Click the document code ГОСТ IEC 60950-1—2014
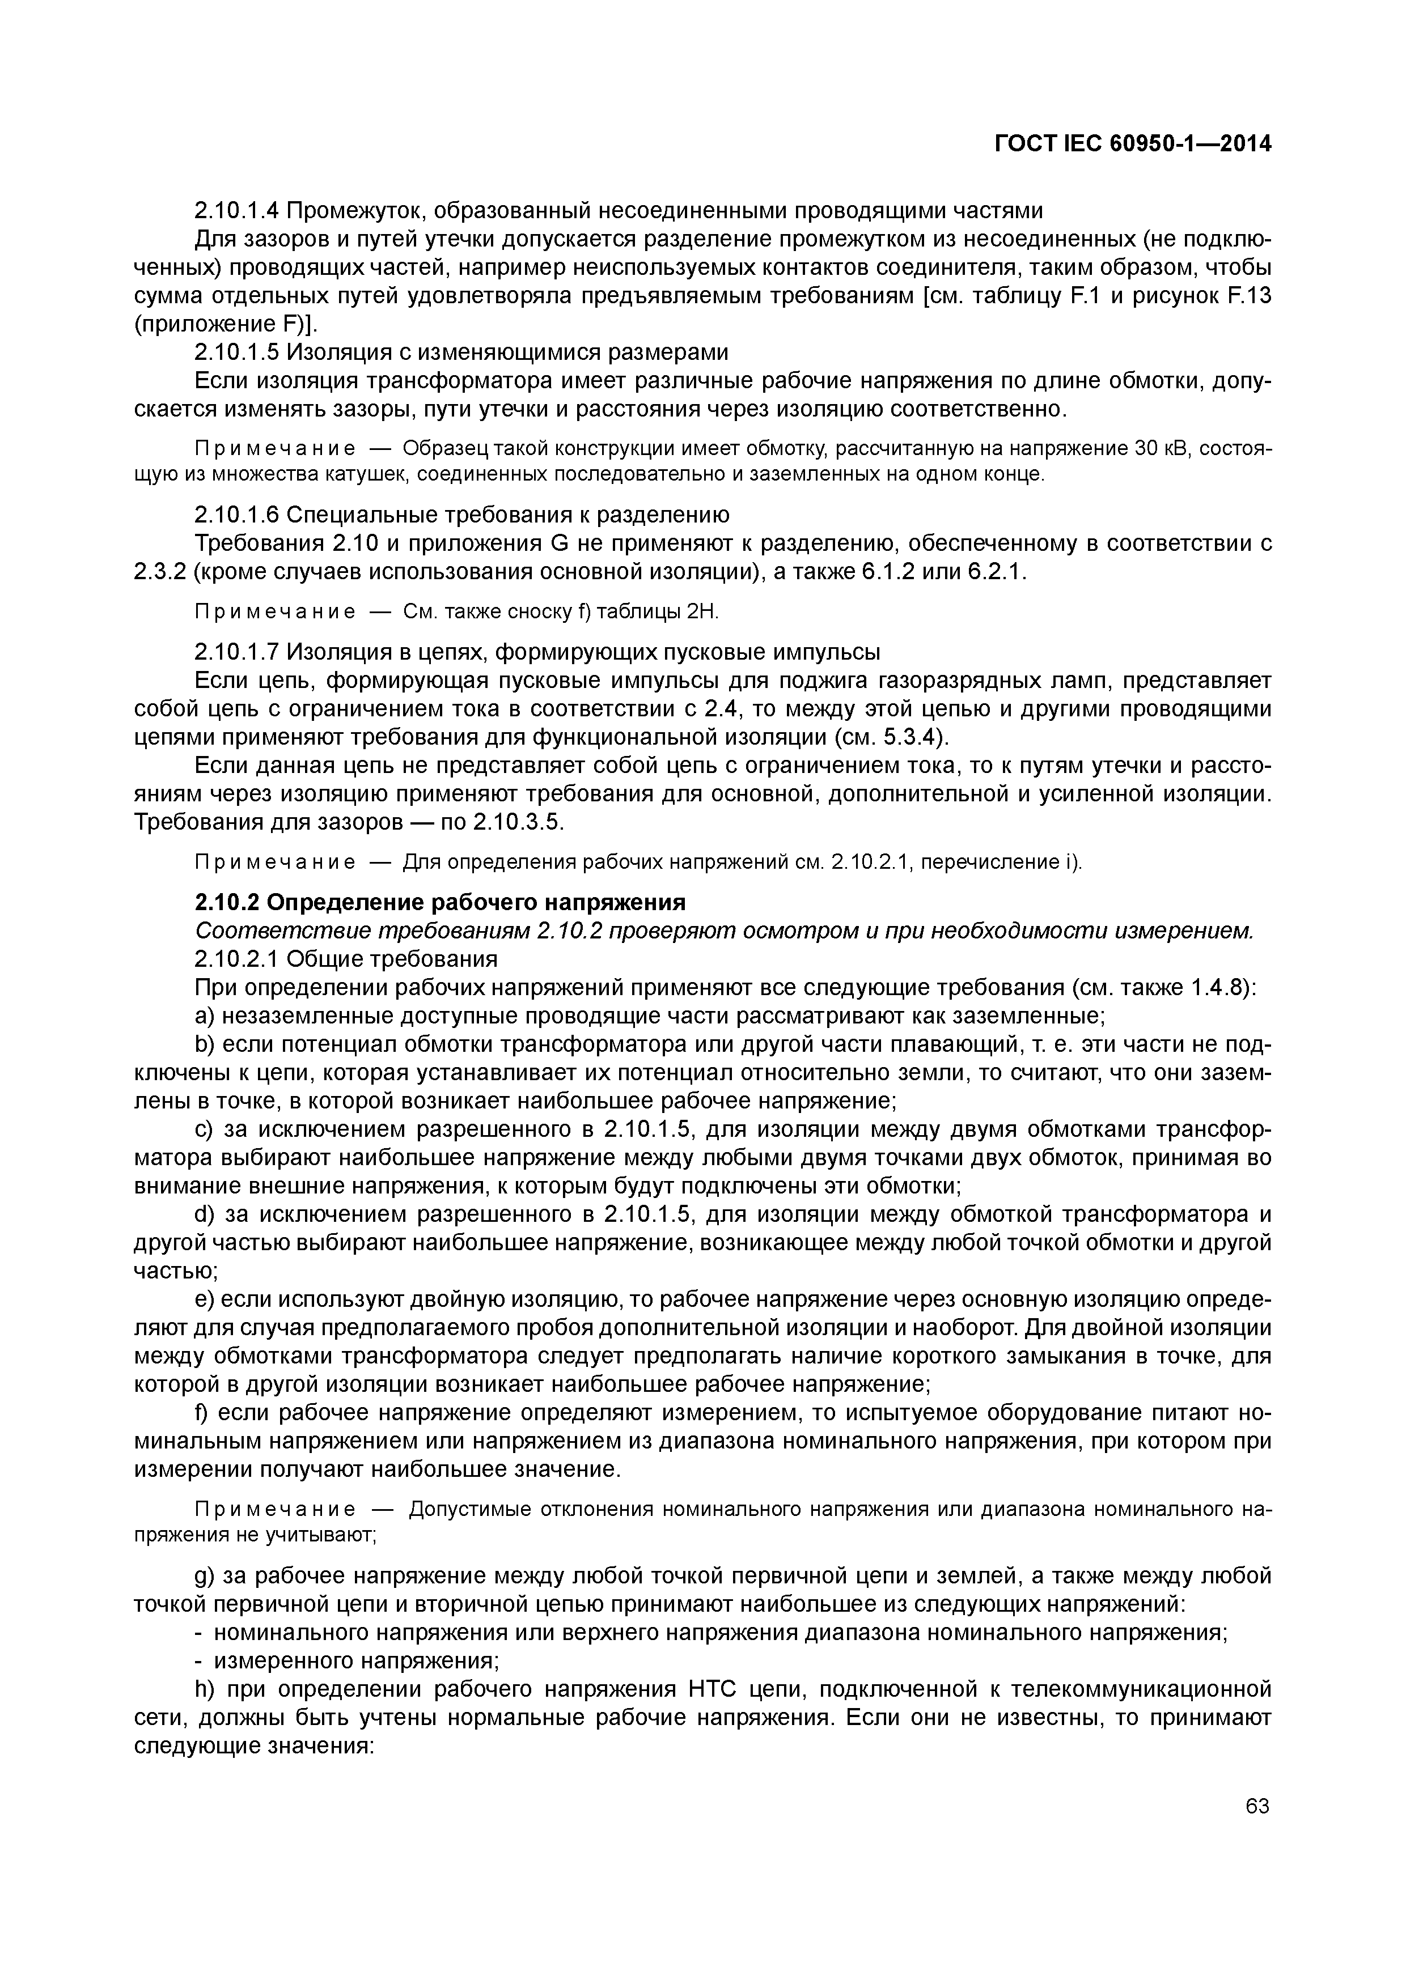[x=1132, y=144]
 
